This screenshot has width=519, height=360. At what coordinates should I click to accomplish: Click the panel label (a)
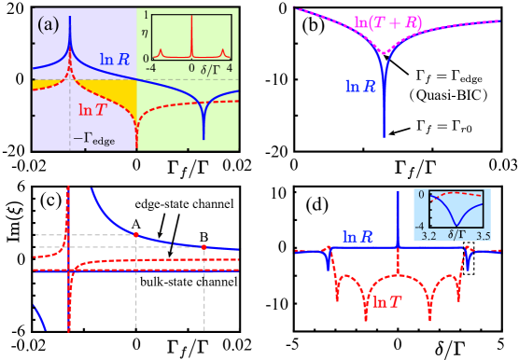pyautogui.click(x=48, y=24)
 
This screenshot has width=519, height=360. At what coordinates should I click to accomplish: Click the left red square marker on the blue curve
pyautogui.click(x=136, y=234)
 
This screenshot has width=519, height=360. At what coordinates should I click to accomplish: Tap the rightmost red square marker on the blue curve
pyautogui.click(x=204, y=246)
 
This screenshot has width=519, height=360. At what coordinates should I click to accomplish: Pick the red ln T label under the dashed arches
pyautogui.click(x=390, y=302)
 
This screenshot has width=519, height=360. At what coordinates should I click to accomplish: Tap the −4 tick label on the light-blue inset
pyautogui.click(x=421, y=225)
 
